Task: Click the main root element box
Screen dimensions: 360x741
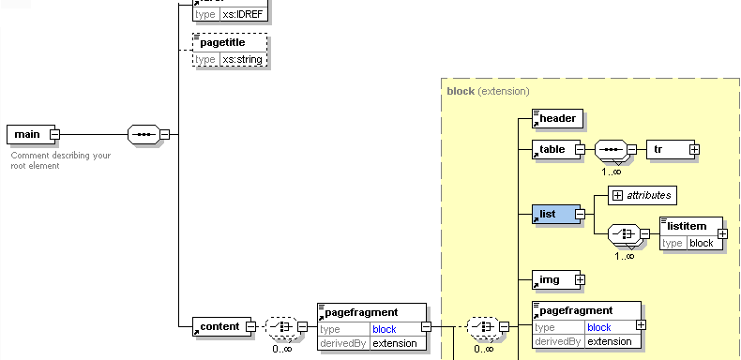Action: tap(27, 134)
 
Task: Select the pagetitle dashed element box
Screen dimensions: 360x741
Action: tap(230, 43)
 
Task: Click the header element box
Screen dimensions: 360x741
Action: tap(556, 118)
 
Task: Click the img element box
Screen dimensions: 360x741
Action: tap(552, 279)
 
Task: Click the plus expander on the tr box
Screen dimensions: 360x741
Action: tap(694, 149)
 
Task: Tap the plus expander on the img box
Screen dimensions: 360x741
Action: tap(580, 279)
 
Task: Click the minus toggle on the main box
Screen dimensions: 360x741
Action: tap(54, 134)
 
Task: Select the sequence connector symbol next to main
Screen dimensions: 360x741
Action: tap(143, 134)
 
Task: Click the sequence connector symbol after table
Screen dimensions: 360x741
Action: tap(611, 149)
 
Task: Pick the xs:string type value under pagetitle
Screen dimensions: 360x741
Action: tap(243, 59)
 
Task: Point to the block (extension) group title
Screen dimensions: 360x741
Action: tap(488, 91)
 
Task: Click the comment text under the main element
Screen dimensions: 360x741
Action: tap(61, 160)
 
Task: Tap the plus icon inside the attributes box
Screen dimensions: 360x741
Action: tap(617, 194)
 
